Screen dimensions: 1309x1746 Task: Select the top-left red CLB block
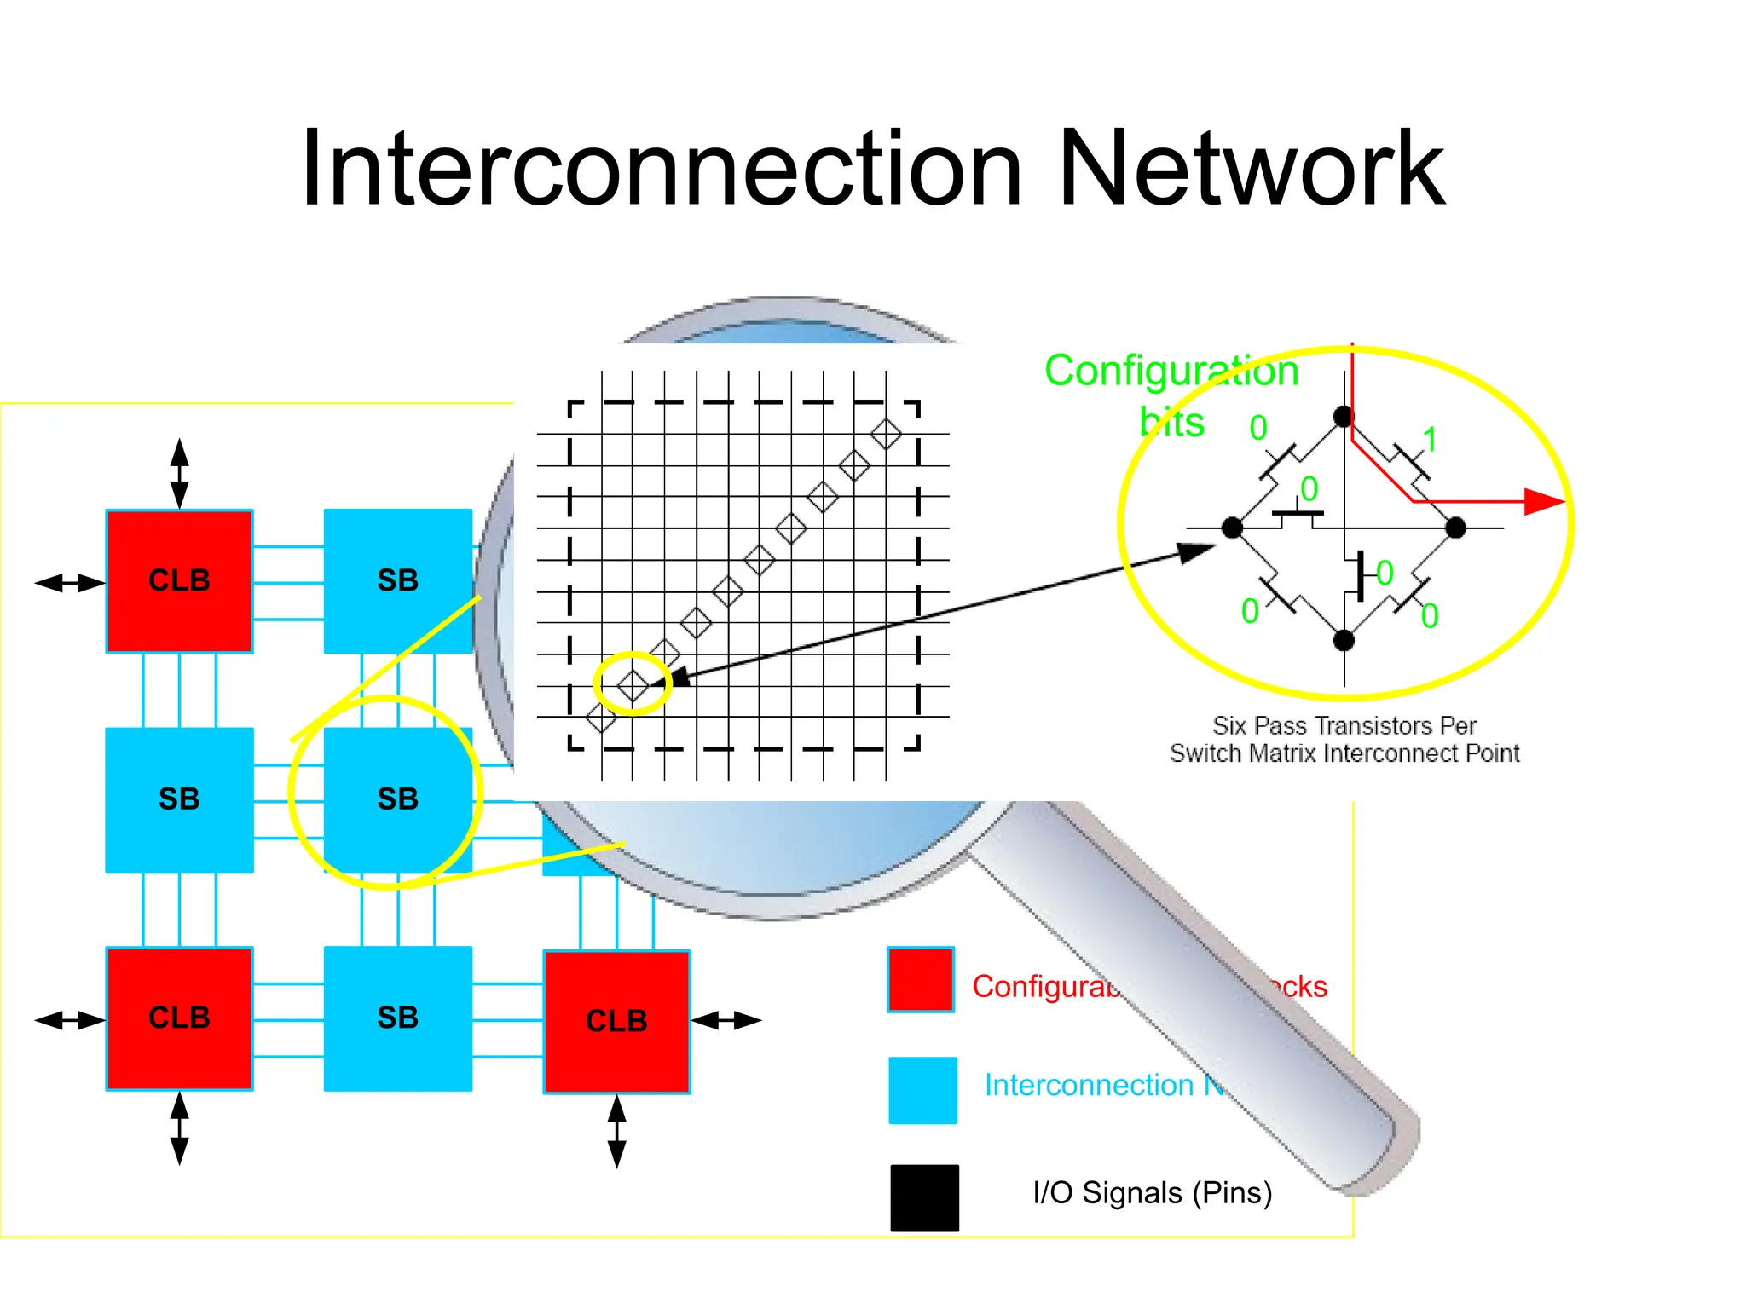point(179,581)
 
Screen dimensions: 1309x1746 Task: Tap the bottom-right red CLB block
point(616,1021)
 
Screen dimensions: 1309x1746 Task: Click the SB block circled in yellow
point(397,799)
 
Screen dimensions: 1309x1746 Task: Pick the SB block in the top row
point(397,581)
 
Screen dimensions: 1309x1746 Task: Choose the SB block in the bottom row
point(397,1018)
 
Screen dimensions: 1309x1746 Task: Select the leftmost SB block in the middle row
point(179,799)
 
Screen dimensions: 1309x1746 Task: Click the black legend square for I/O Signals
point(924,1197)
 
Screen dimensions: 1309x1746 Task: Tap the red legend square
point(920,979)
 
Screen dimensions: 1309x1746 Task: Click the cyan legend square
point(922,1090)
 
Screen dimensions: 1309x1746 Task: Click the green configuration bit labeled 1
point(1430,440)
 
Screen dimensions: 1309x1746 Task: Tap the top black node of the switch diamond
point(1344,417)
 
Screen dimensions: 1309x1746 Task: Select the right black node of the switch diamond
point(1456,528)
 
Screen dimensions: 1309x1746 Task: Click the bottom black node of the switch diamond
point(1344,640)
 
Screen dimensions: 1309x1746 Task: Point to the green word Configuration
point(1171,371)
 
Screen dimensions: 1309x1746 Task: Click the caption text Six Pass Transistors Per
point(1344,725)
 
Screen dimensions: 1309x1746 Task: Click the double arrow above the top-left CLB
point(179,474)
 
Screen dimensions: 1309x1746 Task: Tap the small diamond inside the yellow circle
point(633,685)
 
